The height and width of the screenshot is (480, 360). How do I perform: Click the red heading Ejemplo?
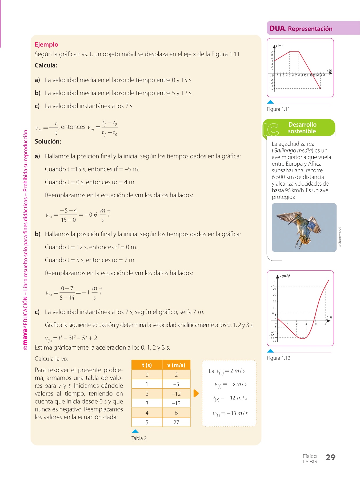pyautogui.click(x=46, y=45)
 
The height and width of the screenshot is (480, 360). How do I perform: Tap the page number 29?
pyautogui.click(x=330, y=458)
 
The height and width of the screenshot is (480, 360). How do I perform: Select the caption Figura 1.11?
pyautogui.click(x=278, y=109)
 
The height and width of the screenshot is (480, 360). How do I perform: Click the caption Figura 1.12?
pyautogui.click(x=278, y=358)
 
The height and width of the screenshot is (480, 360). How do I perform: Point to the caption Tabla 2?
pyautogui.click(x=139, y=438)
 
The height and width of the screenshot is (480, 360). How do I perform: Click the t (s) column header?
pyautogui.click(x=147, y=365)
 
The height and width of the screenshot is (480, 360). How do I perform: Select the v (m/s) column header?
pyautogui.click(x=176, y=365)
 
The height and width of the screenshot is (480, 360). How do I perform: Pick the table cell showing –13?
pyautogui.click(x=176, y=403)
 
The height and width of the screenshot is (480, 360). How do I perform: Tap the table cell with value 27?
pyautogui.click(x=176, y=422)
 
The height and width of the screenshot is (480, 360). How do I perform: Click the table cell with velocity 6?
pyautogui.click(x=176, y=413)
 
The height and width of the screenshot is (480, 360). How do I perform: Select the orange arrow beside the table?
pyautogui.click(x=196, y=393)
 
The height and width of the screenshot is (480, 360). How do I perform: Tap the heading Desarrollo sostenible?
pyautogui.click(x=302, y=128)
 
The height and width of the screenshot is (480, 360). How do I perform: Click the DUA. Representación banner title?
pyautogui.click(x=301, y=29)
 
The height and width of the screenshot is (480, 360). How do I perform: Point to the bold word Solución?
pyautogui.click(x=48, y=142)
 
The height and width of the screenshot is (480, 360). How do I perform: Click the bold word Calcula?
pyautogui.click(x=46, y=65)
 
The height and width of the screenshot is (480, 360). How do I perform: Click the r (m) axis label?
pyautogui.click(x=279, y=46)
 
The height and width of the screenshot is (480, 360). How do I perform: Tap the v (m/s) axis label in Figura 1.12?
pyautogui.click(x=285, y=276)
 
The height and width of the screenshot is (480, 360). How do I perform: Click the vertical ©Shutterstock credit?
pyautogui.click(x=340, y=237)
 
